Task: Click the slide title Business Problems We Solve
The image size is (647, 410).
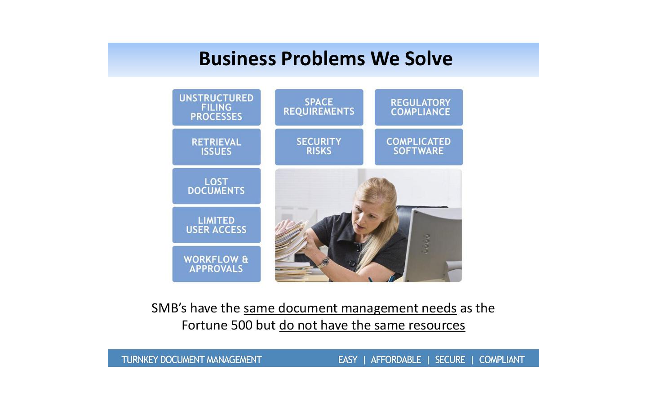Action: click(x=325, y=58)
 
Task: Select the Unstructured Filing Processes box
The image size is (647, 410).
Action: click(x=217, y=107)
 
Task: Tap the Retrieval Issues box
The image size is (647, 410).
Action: click(x=217, y=147)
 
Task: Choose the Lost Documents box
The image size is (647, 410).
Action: click(x=217, y=186)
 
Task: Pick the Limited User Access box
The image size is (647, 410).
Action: click(x=217, y=225)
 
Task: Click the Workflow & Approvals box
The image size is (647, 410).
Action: click(x=217, y=264)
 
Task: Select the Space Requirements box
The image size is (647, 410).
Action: click(x=319, y=107)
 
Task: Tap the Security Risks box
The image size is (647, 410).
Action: click(x=319, y=147)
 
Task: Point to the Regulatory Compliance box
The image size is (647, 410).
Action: click(x=419, y=107)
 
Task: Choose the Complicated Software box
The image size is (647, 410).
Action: click(x=419, y=147)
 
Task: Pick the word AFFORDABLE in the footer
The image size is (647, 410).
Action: click(x=396, y=360)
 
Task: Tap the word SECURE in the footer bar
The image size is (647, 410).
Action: click(x=450, y=360)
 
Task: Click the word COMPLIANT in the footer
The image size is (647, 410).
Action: click(x=502, y=360)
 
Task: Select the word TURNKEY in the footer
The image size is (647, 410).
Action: click(x=140, y=360)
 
